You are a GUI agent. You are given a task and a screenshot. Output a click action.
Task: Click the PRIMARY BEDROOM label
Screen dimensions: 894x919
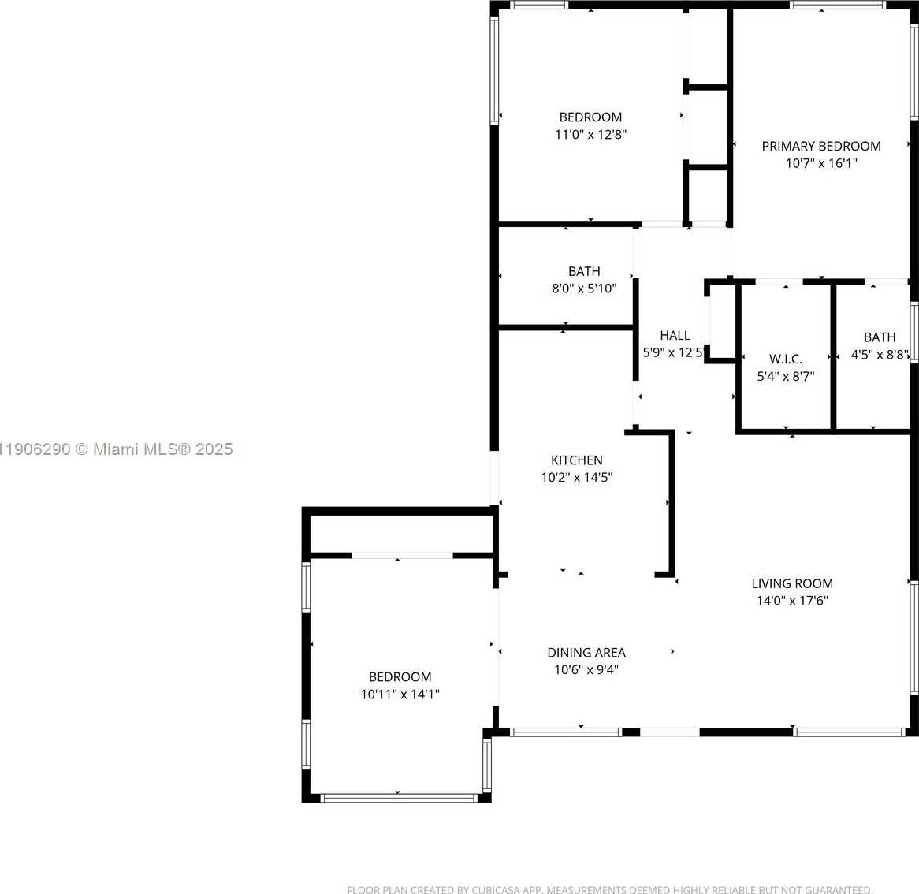tap(820, 146)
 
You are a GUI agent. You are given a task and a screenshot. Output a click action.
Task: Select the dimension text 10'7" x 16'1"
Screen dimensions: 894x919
tap(820, 163)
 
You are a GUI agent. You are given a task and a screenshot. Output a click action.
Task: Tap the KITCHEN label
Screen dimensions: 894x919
tap(576, 460)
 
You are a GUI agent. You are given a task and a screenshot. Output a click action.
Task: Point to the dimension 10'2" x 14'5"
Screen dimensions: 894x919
tap(576, 477)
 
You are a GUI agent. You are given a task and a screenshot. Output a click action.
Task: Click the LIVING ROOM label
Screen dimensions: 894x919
tap(791, 583)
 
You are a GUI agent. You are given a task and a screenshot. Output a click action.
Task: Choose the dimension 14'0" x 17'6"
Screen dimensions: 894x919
tap(791, 601)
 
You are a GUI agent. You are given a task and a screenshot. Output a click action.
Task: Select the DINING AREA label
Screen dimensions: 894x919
tap(586, 652)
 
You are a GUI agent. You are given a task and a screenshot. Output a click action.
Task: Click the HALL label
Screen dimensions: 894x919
tap(675, 335)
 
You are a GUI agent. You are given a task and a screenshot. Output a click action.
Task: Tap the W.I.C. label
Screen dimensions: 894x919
tap(785, 359)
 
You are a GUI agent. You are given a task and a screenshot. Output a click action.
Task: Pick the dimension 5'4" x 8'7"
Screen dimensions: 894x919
tap(785, 376)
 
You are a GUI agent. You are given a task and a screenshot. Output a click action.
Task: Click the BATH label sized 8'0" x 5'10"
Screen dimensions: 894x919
tap(584, 271)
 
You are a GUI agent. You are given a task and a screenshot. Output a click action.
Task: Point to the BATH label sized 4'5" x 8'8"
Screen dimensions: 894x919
tap(879, 337)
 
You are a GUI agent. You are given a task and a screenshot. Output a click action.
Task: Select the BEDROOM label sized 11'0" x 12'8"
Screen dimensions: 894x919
tap(590, 117)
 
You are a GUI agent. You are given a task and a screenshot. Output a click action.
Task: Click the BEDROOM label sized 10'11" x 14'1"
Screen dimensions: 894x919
tap(400, 676)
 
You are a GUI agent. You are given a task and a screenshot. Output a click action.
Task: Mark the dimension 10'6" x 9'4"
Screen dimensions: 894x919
tap(586, 669)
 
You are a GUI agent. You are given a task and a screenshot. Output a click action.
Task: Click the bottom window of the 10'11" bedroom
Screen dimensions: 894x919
tap(399, 798)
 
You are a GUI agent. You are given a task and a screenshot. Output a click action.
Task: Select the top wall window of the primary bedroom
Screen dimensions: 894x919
tap(838, 5)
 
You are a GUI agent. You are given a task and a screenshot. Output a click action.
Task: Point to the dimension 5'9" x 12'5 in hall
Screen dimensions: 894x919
tap(672, 352)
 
